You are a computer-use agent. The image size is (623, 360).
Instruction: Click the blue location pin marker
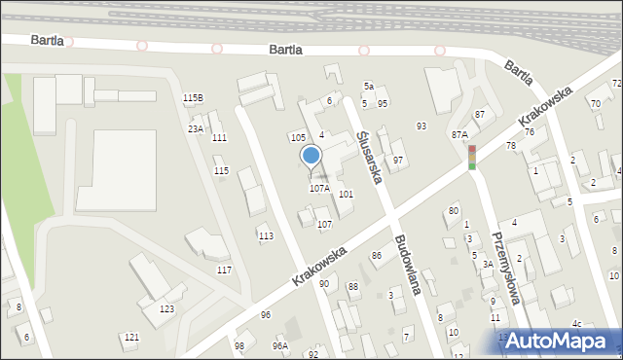[x=311, y=156]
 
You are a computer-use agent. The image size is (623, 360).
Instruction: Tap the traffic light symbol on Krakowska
[x=472, y=157]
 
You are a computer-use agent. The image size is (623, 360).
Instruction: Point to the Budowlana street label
[x=412, y=267]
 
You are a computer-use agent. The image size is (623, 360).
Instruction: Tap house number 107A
[x=319, y=189]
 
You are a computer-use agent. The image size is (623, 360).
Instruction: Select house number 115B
[x=193, y=97]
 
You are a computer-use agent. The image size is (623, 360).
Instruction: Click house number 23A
[x=196, y=128]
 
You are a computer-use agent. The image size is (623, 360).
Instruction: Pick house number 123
[x=166, y=308]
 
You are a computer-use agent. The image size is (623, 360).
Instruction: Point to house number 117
[x=224, y=270]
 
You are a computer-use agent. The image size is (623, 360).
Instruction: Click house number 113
[x=265, y=235]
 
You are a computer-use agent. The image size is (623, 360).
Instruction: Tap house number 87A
[x=459, y=135]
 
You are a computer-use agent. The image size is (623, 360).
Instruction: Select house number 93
[x=421, y=126]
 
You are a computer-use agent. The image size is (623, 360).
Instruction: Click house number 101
[x=346, y=195]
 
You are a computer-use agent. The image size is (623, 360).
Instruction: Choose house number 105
[x=298, y=137]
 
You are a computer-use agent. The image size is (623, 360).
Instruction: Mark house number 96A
[x=280, y=345]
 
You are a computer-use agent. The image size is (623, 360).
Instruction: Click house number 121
[x=131, y=337]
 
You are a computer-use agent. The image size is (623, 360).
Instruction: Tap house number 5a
[x=369, y=87]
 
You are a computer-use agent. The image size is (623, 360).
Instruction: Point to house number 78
[x=510, y=145]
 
